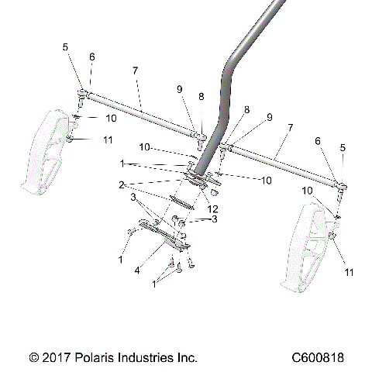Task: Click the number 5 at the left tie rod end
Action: pos(66,47)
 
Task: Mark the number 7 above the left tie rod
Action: pos(135,71)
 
